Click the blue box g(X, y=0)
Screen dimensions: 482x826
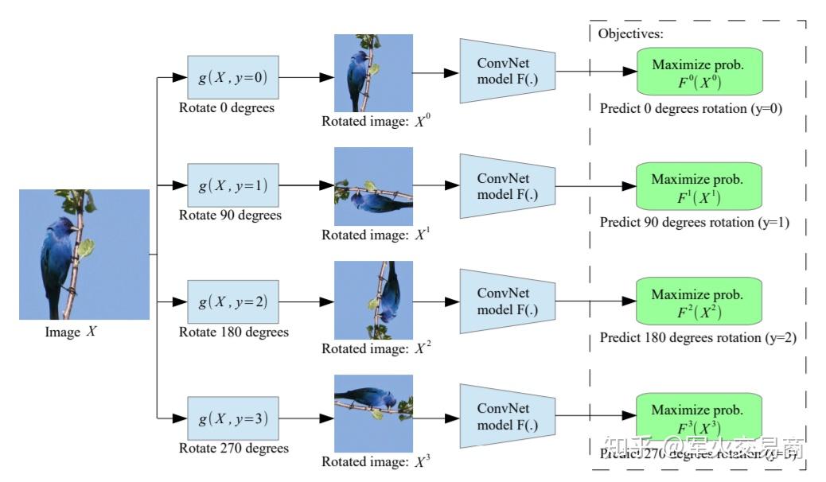pos(233,77)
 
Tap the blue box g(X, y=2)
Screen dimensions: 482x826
pos(233,301)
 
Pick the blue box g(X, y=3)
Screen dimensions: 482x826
pos(233,417)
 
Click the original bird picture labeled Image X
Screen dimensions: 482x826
pos(84,254)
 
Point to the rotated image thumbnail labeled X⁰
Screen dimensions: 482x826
pos(373,72)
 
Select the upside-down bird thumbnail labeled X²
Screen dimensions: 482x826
pos(373,300)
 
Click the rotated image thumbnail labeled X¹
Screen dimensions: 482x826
pos(373,186)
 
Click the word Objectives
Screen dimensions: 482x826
pos(630,33)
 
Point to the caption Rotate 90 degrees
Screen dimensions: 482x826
pos(230,215)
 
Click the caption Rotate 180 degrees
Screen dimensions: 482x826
pos(233,332)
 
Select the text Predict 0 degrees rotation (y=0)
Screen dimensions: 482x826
pos(691,108)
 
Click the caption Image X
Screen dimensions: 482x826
pos(71,332)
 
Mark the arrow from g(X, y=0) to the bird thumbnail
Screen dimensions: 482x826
pos(306,77)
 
